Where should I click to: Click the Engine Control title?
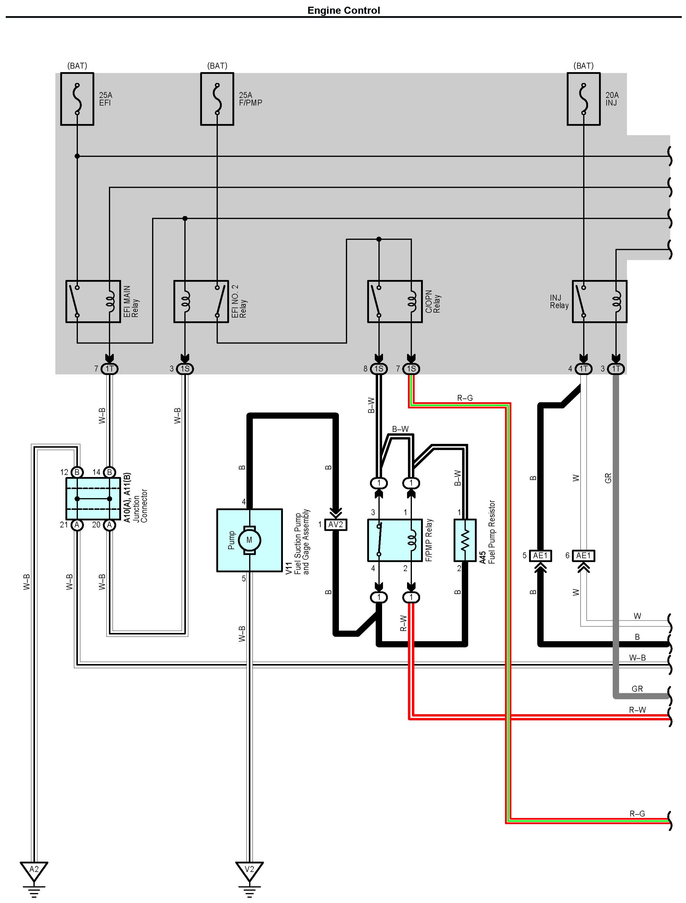pyautogui.click(x=343, y=10)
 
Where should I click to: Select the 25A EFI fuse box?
pyautogui.click(x=77, y=99)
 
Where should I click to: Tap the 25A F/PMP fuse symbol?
pyautogui.click(x=217, y=99)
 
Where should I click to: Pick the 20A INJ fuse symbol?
pyautogui.click(x=583, y=99)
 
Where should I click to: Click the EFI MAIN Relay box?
pyautogui.click(x=93, y=301)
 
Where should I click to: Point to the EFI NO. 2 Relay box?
pyautogui.click(x=201, y=301)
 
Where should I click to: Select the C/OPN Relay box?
pyautogui.click(x=395, y=301)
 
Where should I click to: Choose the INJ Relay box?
pyautogui.click(x=599, y=301)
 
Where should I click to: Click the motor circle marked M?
pyautogui.click(x=249, y=540)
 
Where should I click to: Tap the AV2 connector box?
pyautogui.click(x=336, y=524)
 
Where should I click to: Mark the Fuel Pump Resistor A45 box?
pyautogui.click(x=465, y=540)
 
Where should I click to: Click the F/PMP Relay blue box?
pyautogui.click(x=395, y=540)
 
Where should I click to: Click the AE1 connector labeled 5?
pyautogui.click(x=540, y=555)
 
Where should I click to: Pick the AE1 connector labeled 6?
pyautogui.click(x=583, y=555)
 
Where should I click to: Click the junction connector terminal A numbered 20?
pyautogui.click(x=109, y=524)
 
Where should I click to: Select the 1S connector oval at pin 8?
pyautogui.click(x=379, y=368)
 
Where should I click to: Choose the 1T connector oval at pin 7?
pyautogui.click(x=110, y=368)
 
